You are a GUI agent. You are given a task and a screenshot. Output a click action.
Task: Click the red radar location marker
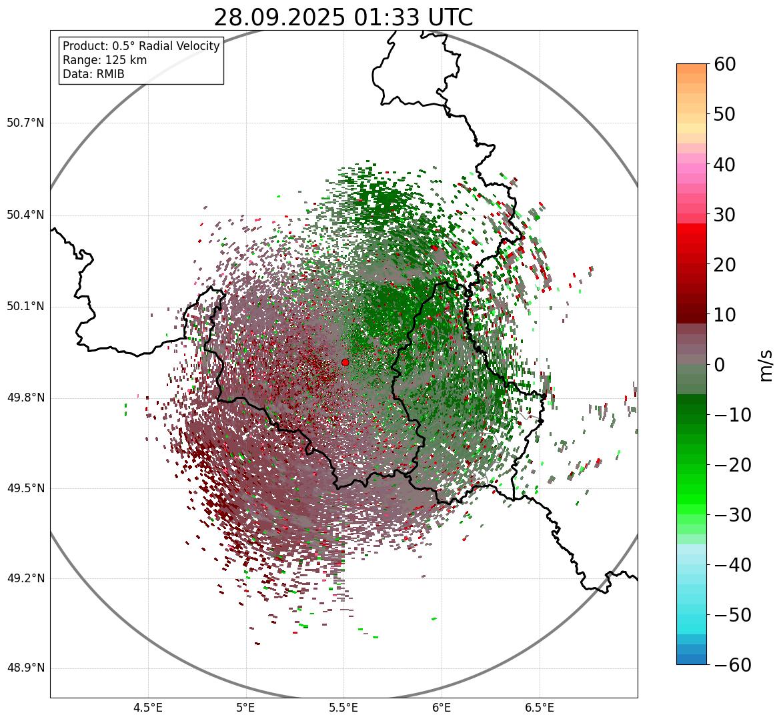[345, 362]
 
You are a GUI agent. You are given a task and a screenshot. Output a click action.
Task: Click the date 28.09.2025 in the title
[278, 18]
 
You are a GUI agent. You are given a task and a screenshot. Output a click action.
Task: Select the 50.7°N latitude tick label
[25, 123]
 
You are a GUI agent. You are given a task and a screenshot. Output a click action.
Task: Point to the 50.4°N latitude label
[25, 215]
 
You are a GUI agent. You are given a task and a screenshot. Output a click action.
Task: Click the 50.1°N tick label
[25, 307]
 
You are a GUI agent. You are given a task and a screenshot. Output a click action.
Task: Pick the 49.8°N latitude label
[25, 398]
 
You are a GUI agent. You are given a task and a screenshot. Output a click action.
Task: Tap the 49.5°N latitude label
[25, 489]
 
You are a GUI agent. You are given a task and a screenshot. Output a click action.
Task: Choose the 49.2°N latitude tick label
[25, 578]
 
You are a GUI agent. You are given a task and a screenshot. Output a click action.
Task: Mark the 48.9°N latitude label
[25, 668]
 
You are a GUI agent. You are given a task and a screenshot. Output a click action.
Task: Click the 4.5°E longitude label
[148, 708]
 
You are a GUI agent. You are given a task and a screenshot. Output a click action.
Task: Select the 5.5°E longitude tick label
[343, 708]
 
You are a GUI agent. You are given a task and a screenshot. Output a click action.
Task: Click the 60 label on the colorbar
[724, 64]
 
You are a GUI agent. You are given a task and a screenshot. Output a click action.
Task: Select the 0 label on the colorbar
[719, 365]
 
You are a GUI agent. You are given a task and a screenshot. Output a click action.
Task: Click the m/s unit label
[766, 365]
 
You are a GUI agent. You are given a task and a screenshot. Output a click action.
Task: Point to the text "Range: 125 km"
[105, 60]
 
